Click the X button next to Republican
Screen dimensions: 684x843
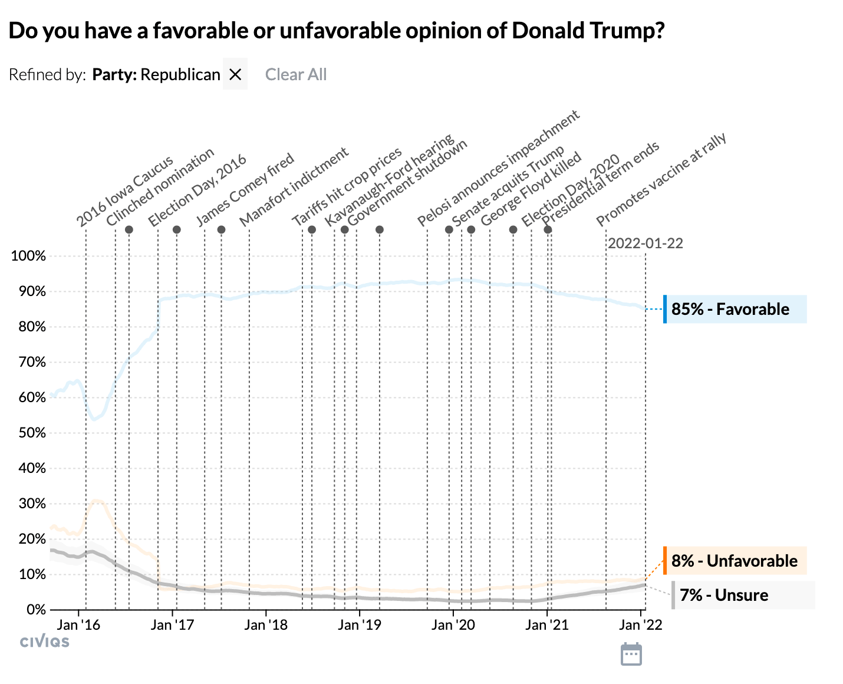235,74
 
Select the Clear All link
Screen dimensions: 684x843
295,74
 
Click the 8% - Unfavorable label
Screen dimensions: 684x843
734,560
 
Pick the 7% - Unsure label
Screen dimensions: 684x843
723,595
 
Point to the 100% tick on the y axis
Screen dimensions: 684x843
28,256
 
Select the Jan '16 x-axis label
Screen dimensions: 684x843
78,625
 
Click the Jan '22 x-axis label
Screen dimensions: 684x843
641,625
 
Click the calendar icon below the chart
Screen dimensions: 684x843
631,655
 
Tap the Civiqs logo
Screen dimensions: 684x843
45,642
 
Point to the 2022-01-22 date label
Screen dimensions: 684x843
645,244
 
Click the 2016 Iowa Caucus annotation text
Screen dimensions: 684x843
125,190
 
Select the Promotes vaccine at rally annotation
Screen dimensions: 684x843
661,180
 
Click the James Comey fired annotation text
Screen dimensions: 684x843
245,189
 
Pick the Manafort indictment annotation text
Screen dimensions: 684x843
294,187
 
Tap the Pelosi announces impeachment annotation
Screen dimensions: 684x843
498,169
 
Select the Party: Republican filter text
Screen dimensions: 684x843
156,74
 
